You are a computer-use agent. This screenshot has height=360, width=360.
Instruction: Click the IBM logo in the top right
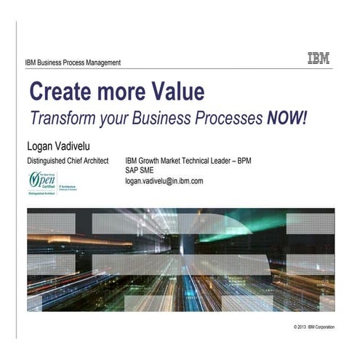318,59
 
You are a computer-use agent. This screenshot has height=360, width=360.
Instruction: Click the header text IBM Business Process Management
73,63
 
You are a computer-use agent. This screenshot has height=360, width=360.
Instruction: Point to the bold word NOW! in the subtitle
287,119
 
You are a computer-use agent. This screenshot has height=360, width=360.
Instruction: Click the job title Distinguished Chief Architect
68,160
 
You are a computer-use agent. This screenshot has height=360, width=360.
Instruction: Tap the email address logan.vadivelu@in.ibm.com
164,180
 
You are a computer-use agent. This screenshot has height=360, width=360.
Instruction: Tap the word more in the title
120,92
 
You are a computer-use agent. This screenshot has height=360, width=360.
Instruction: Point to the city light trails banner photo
180,260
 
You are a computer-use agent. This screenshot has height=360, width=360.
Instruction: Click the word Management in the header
100,63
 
